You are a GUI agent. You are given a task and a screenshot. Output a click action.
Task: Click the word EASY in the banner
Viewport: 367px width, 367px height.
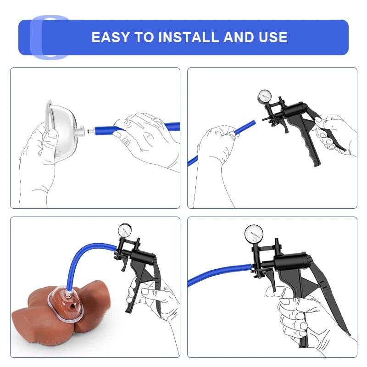click(x=111, y=37)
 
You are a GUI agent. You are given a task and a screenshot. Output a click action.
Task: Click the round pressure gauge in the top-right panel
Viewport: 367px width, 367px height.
click(x=265, y=96)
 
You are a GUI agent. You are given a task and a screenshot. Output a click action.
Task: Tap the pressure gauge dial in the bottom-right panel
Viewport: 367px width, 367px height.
click(x=254, y=234)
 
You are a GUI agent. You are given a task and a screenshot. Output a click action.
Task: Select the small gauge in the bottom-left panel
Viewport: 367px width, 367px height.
click(x=125, y=230)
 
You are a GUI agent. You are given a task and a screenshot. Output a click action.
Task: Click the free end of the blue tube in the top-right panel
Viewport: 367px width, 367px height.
click(x=254, y=122)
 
